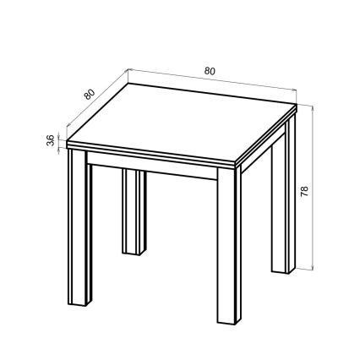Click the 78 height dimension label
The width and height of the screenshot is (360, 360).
(304, 190)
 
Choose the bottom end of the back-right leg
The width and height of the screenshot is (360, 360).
(282, 270)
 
